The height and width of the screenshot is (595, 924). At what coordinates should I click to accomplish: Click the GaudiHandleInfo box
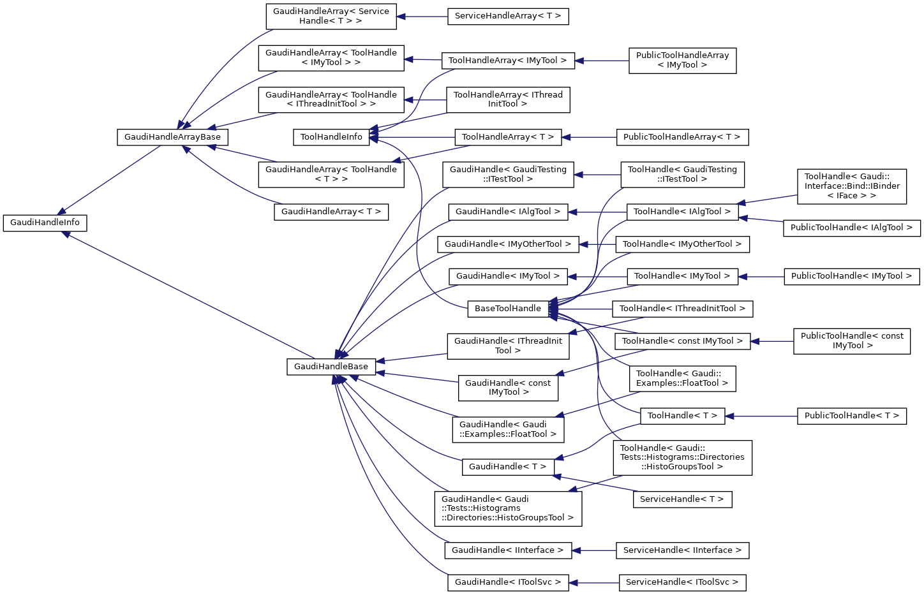click(x=45, y=223)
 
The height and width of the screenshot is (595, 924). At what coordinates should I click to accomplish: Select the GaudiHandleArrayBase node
click(x=172, y=137)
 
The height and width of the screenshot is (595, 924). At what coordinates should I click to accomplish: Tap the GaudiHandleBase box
click(x=331, y=367)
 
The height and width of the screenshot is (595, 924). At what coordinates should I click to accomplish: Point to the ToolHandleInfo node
click(x=331, y=137)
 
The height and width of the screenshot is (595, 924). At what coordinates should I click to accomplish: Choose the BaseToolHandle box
click(x=508, y=309)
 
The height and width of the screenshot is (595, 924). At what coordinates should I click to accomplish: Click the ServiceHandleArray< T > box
click(x=508, y=17)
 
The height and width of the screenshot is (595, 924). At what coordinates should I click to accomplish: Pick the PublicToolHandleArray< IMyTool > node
click(x=682, y=61)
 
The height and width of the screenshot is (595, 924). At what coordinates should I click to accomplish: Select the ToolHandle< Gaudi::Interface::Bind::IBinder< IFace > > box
click(x=852, y=186)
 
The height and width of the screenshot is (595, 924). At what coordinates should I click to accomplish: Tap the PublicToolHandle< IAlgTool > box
click(x=851, y=228)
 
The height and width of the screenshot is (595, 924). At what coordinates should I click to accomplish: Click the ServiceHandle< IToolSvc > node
click(x=682, y=583)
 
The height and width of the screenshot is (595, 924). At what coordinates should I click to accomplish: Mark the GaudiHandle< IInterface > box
click(x=508, y=550)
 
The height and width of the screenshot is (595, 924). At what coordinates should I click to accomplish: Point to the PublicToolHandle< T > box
click(x=851, y=416)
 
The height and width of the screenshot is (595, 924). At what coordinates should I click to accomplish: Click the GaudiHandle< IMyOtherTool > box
click(x=508, y=244)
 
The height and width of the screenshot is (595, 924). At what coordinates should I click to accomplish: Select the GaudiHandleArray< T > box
click(x=331, y=212)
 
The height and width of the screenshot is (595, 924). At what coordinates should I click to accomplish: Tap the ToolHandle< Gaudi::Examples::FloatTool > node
click(x=682, y=379)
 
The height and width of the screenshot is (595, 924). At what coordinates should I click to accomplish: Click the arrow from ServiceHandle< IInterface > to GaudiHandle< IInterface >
click(x=594, y=550)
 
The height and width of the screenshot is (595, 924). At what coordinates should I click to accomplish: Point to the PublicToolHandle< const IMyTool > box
click(x=852, y=341)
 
